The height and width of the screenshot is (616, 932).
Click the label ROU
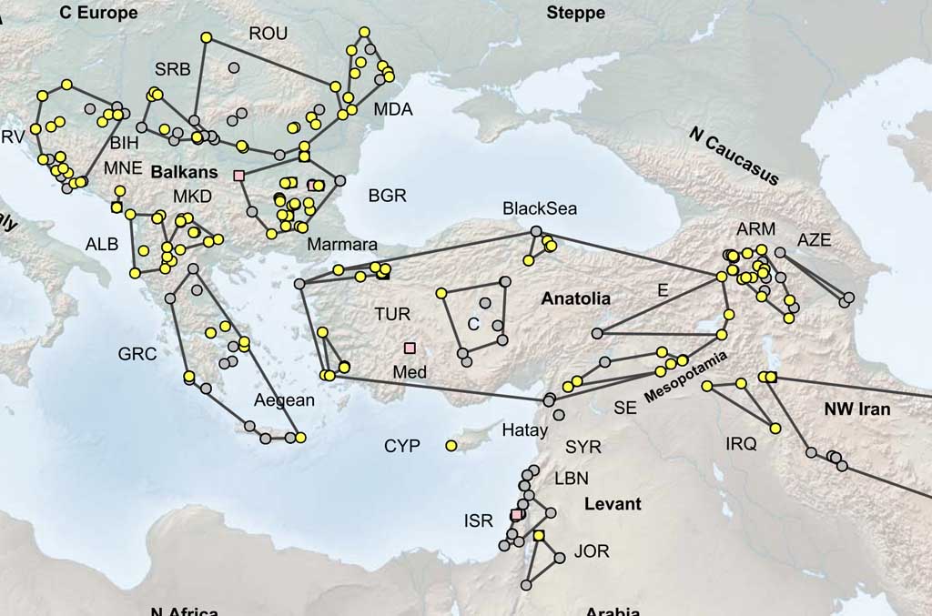[268, 34]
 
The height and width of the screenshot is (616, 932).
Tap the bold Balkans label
[184, 171]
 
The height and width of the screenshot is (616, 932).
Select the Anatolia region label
[575, 298]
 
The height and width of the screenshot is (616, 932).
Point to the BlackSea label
[540, 209]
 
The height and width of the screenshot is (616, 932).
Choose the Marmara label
[341, 245]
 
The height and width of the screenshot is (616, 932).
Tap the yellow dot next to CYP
[451, 445]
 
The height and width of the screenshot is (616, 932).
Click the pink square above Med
[410, 348]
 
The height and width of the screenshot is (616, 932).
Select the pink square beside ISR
[516, 515]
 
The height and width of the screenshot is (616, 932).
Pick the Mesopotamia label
[686, 380]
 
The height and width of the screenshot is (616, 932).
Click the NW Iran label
[856, 409]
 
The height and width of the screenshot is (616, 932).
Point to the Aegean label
[284, 400]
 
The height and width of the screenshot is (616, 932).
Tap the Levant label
[613, 504]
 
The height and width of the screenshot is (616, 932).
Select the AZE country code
[815, 239]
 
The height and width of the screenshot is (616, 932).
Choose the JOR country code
[591, 551]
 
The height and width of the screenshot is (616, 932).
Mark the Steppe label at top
[575, 13]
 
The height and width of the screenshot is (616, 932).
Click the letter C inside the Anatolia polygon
[473, 324]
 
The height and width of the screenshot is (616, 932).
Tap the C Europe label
[98, 13]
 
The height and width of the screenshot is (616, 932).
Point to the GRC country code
[137, 354]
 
